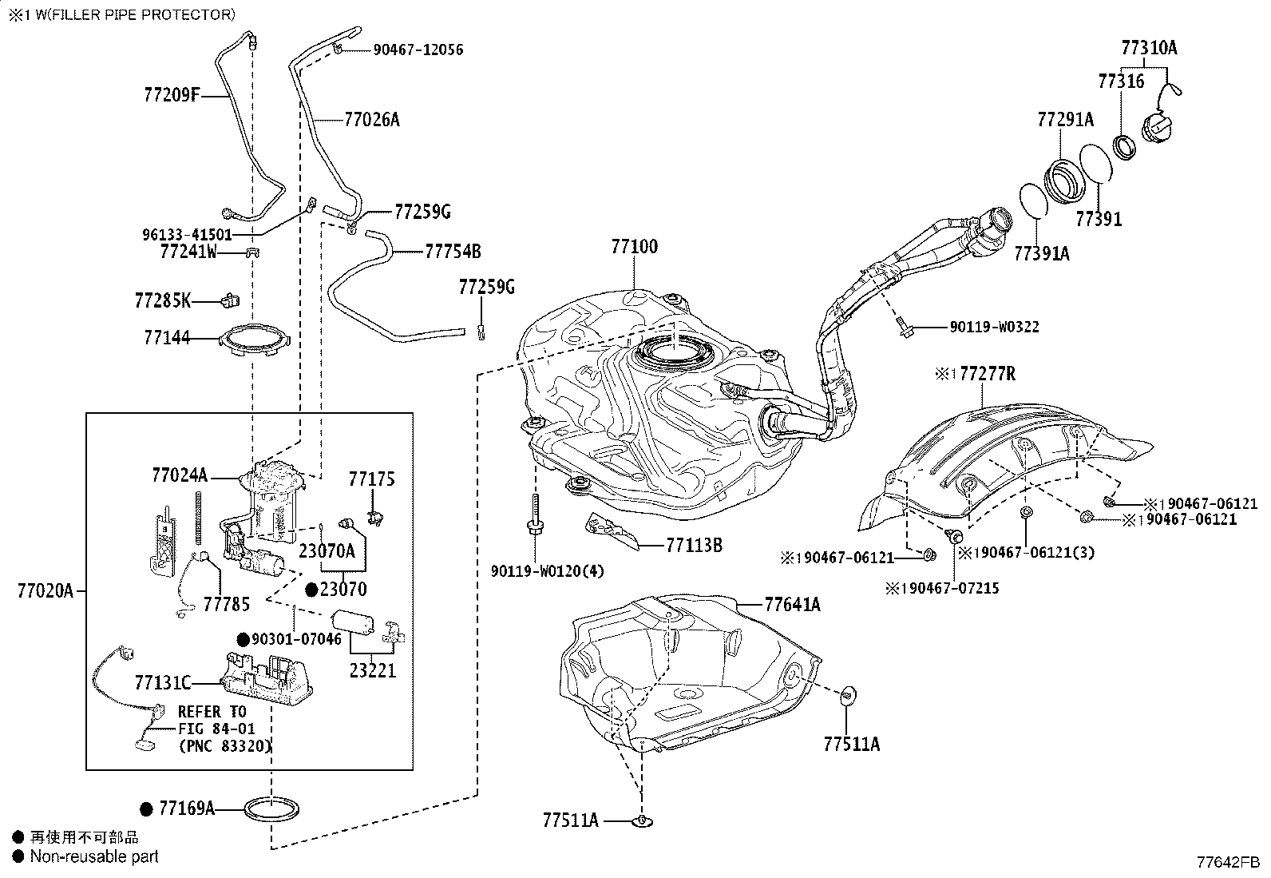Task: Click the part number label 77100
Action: (x=635, y=247)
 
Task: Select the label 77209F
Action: (x=172, y=94)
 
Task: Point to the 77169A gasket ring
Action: (x=271, y=808)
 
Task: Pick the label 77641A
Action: (x=792, y=604)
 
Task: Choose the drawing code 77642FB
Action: (x=1229, y=862)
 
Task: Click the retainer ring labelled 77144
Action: (x=255, y=339)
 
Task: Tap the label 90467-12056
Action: (x=418, y=50)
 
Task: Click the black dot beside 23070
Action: (x=311, y=590)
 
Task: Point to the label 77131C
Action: (x=163, y=682)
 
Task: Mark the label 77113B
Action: (x=694, y=545)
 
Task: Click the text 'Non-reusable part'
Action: (x=94, y=856)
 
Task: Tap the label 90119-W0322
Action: (x=995, y=327)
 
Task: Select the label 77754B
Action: (x=453, y=251)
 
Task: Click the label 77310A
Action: (x=1149, y=48)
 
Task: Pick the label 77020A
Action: (x=46, y=591)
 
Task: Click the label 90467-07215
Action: (x=954, y=588)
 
